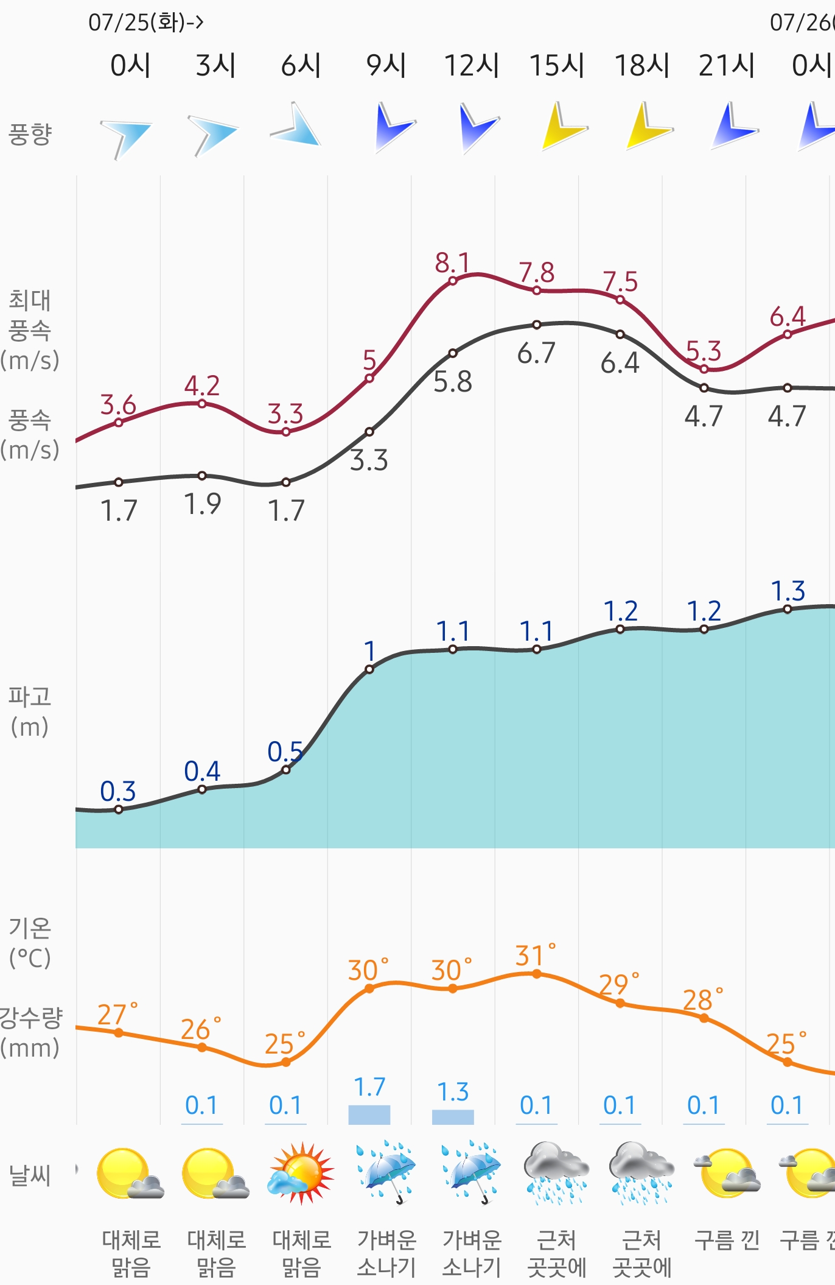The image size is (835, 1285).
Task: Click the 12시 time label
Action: point(472,66)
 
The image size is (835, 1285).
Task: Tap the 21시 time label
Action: point(727,66)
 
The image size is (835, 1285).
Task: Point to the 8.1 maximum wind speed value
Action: point(452,264)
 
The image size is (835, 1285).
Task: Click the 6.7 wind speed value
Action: point(536,353)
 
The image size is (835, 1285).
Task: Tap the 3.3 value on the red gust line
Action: point(285,415)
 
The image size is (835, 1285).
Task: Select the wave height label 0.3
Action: point(118,792)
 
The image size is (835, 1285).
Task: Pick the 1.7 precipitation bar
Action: point(369,1114)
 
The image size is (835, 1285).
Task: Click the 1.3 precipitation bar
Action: point(453,1116)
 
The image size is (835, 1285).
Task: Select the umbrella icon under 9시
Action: point(386,1172)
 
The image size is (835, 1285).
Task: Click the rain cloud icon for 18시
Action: point(641,1173)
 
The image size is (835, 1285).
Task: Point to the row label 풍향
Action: point(30,134)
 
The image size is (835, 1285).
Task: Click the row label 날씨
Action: point(30,1175)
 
